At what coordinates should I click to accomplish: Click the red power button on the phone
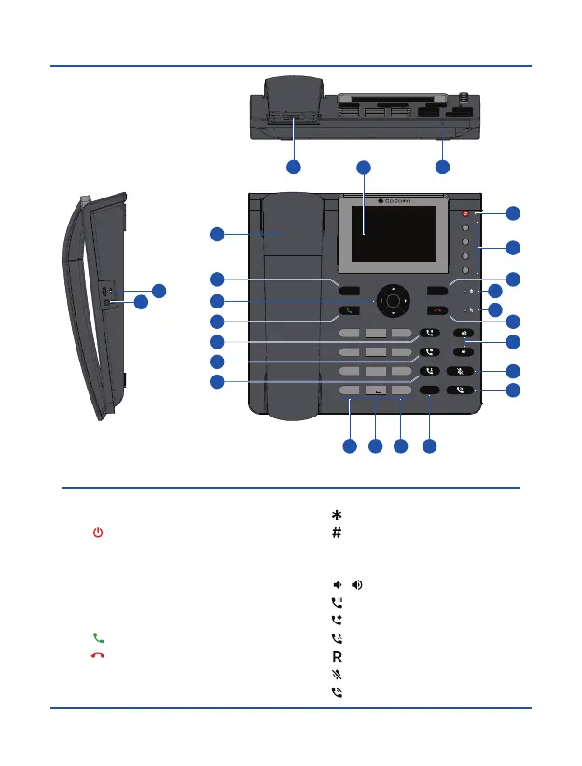coord(465,214)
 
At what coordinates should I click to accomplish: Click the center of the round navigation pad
coord(394,301)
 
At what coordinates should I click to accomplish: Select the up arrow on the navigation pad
coord(394,286)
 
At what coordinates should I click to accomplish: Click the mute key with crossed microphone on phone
coord(464,371)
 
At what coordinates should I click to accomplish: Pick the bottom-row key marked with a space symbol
coord(375,390)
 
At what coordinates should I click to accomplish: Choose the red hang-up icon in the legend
coord(97,656)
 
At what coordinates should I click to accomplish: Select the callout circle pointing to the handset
coord(216,234)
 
